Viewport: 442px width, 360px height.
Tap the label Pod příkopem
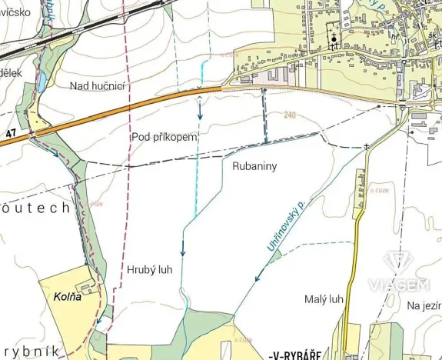165,136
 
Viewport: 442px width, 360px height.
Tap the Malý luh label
324,299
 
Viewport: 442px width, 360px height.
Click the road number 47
11,134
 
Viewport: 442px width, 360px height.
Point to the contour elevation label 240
289,115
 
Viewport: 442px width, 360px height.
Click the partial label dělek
12,72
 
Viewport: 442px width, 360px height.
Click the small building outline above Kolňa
87,286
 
